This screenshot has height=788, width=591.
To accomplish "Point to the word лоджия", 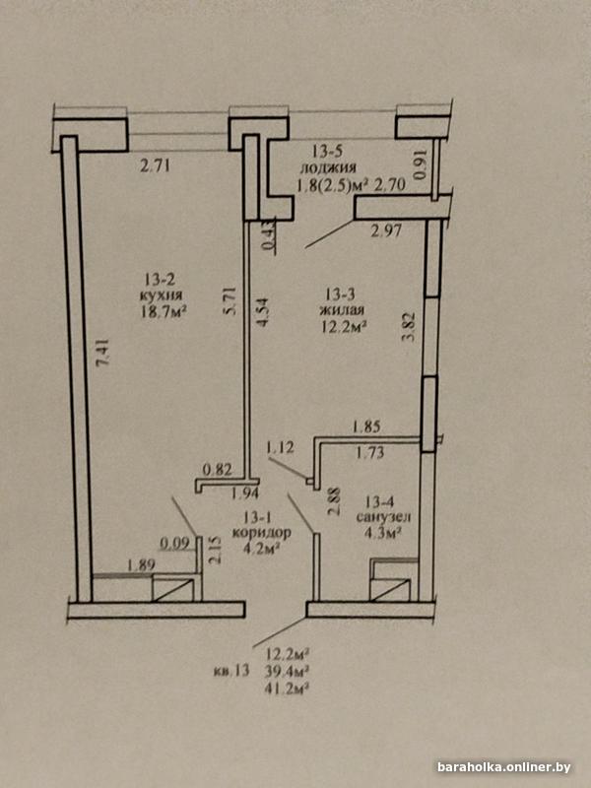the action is click(329, 167).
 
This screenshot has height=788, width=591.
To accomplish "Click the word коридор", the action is click(261, 532).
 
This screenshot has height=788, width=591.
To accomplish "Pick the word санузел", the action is click(383, 516).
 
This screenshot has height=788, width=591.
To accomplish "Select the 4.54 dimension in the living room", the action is click(262, 312).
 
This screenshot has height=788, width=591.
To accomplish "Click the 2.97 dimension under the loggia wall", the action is click(386, 231).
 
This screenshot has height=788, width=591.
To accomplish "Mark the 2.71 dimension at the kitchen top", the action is click(155, 165).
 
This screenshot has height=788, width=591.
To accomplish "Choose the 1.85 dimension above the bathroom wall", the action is click(366, 428).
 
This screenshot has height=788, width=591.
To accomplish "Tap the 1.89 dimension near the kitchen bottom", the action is click(140, 564).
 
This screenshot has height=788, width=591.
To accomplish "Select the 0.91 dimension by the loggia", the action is click(422, 165).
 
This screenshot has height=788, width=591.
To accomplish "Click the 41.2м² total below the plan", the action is click(286, 688).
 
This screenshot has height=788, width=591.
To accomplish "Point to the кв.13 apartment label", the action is click(231, 672).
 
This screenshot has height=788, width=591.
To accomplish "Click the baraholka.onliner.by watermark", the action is click(504, 767).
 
